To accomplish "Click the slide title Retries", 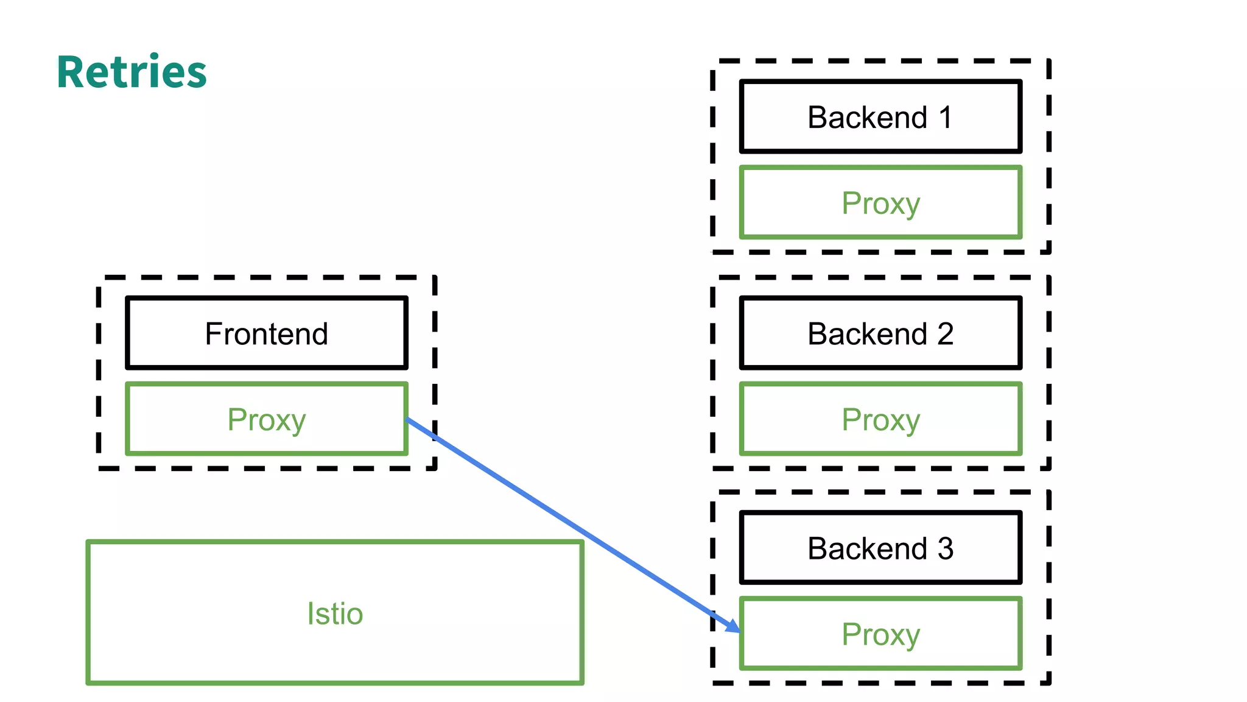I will point(132,73).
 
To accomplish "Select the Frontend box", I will point(267,333).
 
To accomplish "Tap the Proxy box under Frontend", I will point(267,419).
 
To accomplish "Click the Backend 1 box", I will point(880,116).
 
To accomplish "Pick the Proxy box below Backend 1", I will point(880,203).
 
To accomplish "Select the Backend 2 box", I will point(880,333).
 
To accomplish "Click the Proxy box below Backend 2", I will point(880,419).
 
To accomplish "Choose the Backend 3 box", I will point(880,548).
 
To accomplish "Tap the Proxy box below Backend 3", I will point(880,634).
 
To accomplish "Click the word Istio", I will point(335,613).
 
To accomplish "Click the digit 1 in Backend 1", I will point(945,117).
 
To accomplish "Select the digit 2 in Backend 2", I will point(945,334).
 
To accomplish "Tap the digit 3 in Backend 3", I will point(945,548).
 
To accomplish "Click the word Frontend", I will point(267,334).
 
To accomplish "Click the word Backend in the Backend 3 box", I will point(866,548).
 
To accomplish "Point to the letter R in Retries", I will point(71,73).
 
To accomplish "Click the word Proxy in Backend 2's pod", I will point(880,420).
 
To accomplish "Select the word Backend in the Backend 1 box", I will point(866,117).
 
